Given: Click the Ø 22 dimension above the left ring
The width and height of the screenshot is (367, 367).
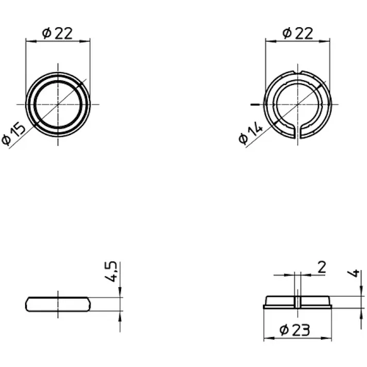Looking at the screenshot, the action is [x=57, y=33].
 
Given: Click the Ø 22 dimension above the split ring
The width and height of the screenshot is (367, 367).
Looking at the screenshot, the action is [x=298, y=33].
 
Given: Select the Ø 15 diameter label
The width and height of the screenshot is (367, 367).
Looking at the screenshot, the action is [x=13, y=134].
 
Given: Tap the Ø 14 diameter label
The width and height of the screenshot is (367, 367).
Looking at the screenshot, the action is [x=251, y=132].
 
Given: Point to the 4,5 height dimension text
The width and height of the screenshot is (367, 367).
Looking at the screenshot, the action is [x=111, y=271].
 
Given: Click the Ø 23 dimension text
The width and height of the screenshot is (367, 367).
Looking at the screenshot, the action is [x=294, y=330].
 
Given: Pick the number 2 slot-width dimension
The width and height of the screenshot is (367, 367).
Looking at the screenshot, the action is [x=322, y=267].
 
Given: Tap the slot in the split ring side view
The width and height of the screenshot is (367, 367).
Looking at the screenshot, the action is [x=298, y=302].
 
